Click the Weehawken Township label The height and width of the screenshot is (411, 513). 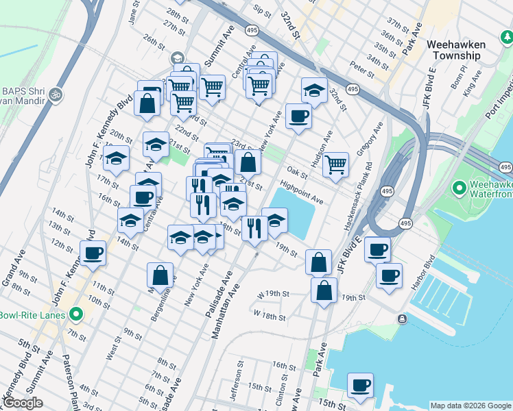click(455, 49)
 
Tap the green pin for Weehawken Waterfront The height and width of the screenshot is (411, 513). click(460, 187)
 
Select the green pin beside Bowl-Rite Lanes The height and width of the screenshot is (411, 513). click(76, 314)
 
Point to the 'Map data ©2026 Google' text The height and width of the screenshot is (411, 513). click(470, 406)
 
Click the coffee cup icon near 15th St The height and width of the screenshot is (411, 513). click(360, 385)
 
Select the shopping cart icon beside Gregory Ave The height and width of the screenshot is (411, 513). click(335, 164)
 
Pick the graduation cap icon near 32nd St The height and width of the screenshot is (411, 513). click(314, 90)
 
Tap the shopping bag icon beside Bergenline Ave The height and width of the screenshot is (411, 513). click(160, 275)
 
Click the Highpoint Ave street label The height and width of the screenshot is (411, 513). click(301, 192)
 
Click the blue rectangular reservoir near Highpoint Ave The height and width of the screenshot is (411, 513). click(294, 213)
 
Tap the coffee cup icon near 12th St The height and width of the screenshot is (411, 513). click(93, 253)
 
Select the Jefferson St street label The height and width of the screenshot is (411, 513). click(238, 376)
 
